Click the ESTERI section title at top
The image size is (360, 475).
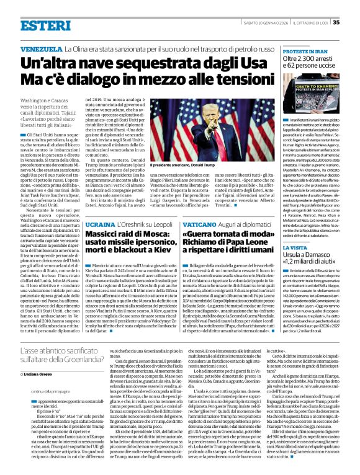coord(37,25)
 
